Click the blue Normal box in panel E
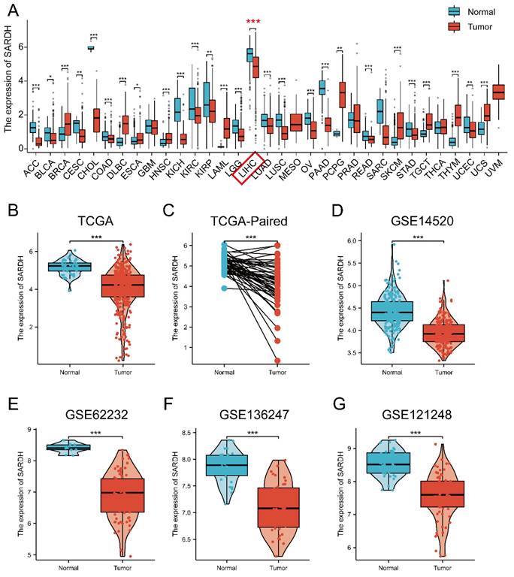[x=68, y=448]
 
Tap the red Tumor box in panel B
[x=122, y=285]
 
